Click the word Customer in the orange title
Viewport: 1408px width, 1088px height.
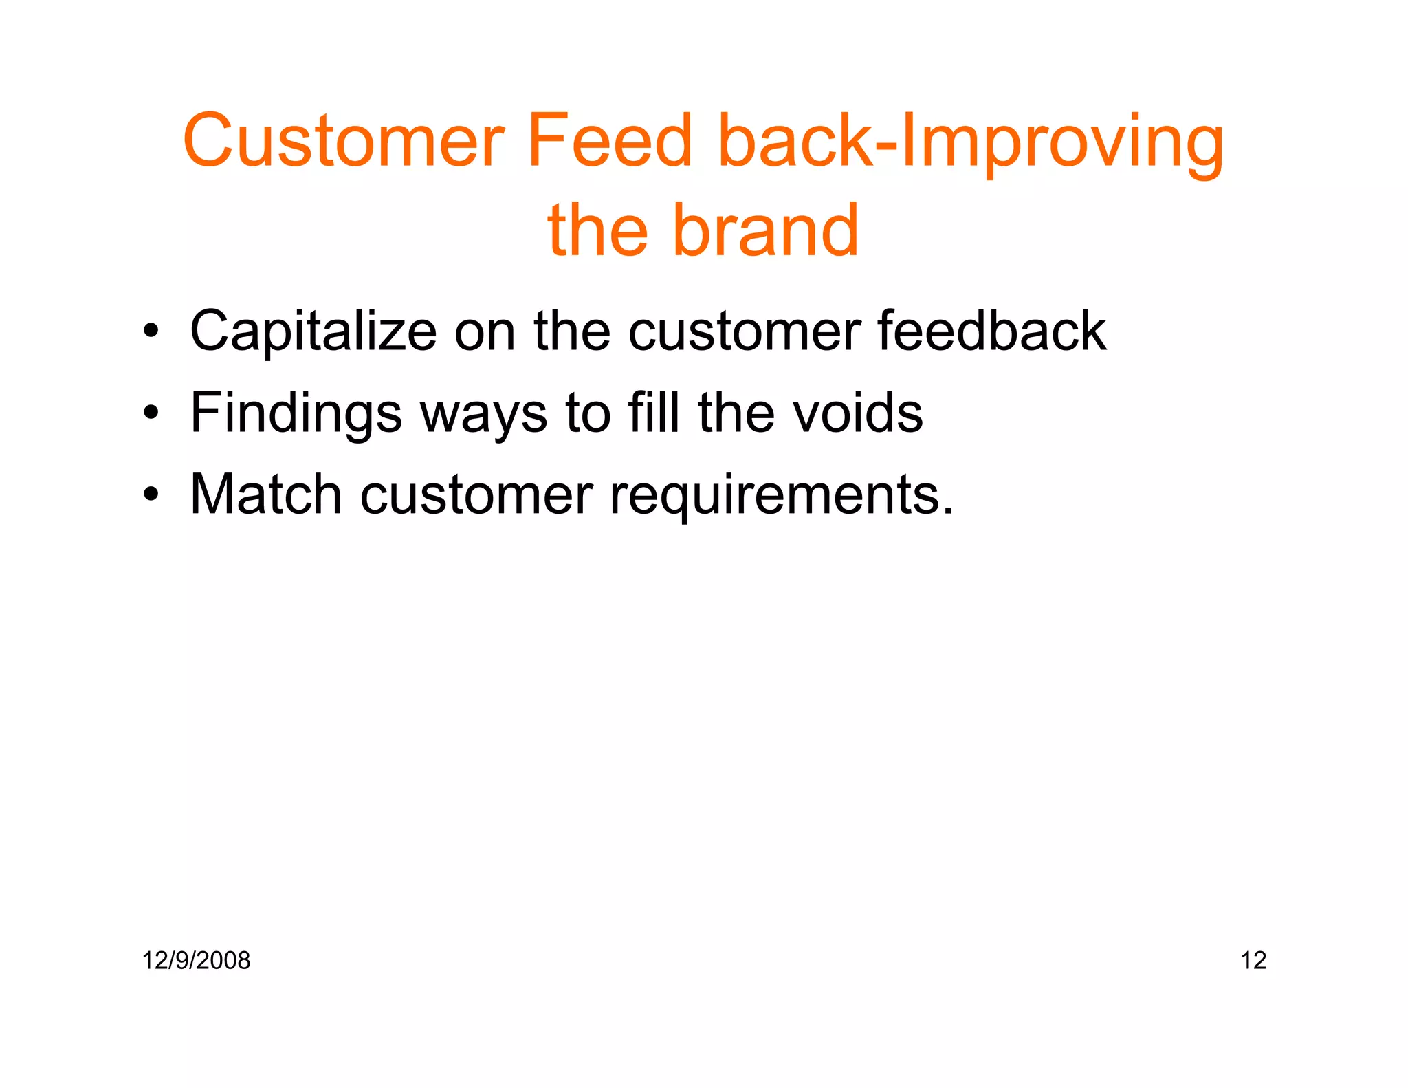tap(344, 142)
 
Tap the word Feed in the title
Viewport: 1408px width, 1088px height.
tap(609, 142)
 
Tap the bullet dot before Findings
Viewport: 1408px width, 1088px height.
tap(151, 413)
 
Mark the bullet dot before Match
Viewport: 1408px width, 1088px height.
tap(151, 494)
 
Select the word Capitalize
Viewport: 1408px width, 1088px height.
tap(313, 331)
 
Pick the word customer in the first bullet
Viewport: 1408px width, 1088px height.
tap(745, 331)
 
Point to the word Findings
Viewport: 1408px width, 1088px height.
tap(296, 413)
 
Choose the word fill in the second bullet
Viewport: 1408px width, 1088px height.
tap(654, 413)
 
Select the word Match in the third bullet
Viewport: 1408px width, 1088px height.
tap(266, 494)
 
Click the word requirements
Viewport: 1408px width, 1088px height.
tap(782, 494)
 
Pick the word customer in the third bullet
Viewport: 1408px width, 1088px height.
tap(476, 494)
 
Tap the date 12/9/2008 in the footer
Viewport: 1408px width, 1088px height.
tap(196, 960)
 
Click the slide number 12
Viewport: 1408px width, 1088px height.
tap(1253, 960)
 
